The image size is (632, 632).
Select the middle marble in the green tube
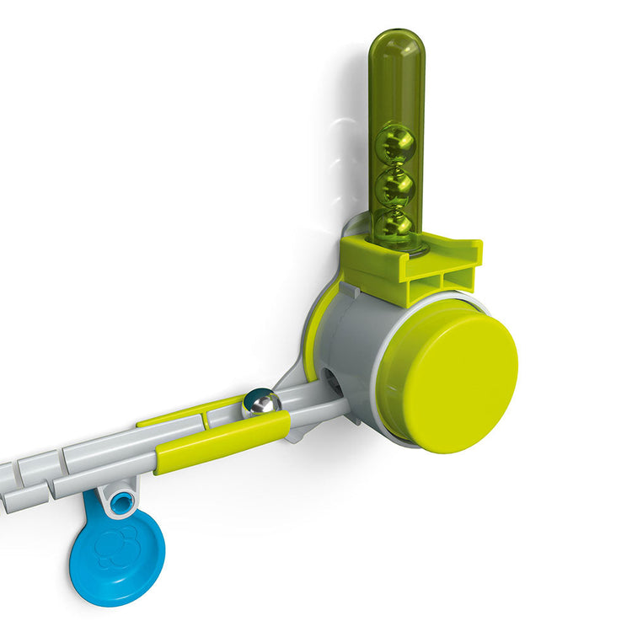[394, 185]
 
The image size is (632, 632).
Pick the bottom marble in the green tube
[394, 222]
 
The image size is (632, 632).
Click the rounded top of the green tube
[396, 42]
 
